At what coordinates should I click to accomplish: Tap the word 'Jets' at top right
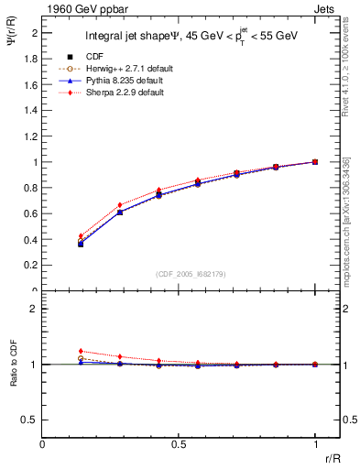point(325,9)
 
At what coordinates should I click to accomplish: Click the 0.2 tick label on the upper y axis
point(32,266)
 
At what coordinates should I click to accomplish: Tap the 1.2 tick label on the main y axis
point(32,136)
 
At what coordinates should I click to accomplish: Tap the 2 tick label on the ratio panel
point(35,309)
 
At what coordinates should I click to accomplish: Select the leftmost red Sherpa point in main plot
point(82,236)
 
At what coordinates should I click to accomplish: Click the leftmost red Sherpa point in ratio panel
point(82,351)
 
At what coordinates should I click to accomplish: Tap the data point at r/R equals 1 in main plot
point(315,162)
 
